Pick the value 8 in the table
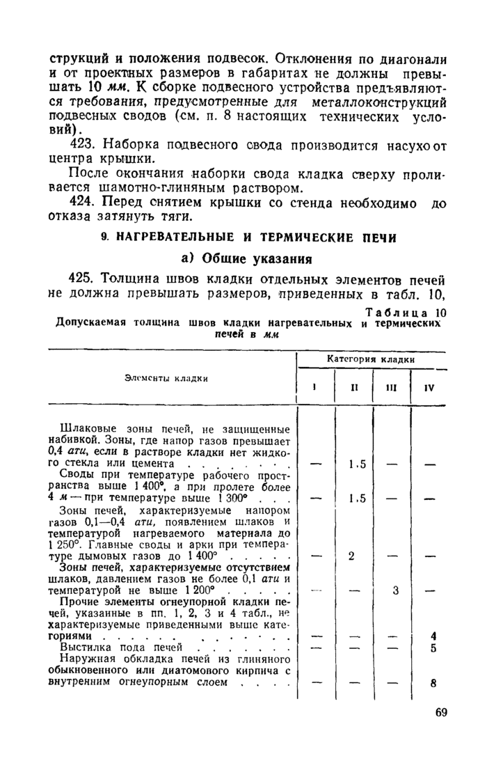click(433, 683)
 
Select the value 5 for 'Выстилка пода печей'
click(433, 649)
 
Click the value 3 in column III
click(395, 591)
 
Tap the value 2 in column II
click(351, 556)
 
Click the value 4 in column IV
click(433, 636)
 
